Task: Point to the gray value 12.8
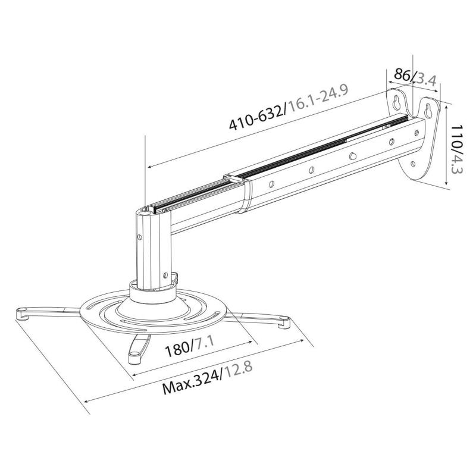tap(237, 370)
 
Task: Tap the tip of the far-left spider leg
tap(21, 311)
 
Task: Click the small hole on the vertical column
tap(140, 237)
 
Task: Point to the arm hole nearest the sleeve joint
tap(271, 184)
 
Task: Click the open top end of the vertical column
tap(146, 209)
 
